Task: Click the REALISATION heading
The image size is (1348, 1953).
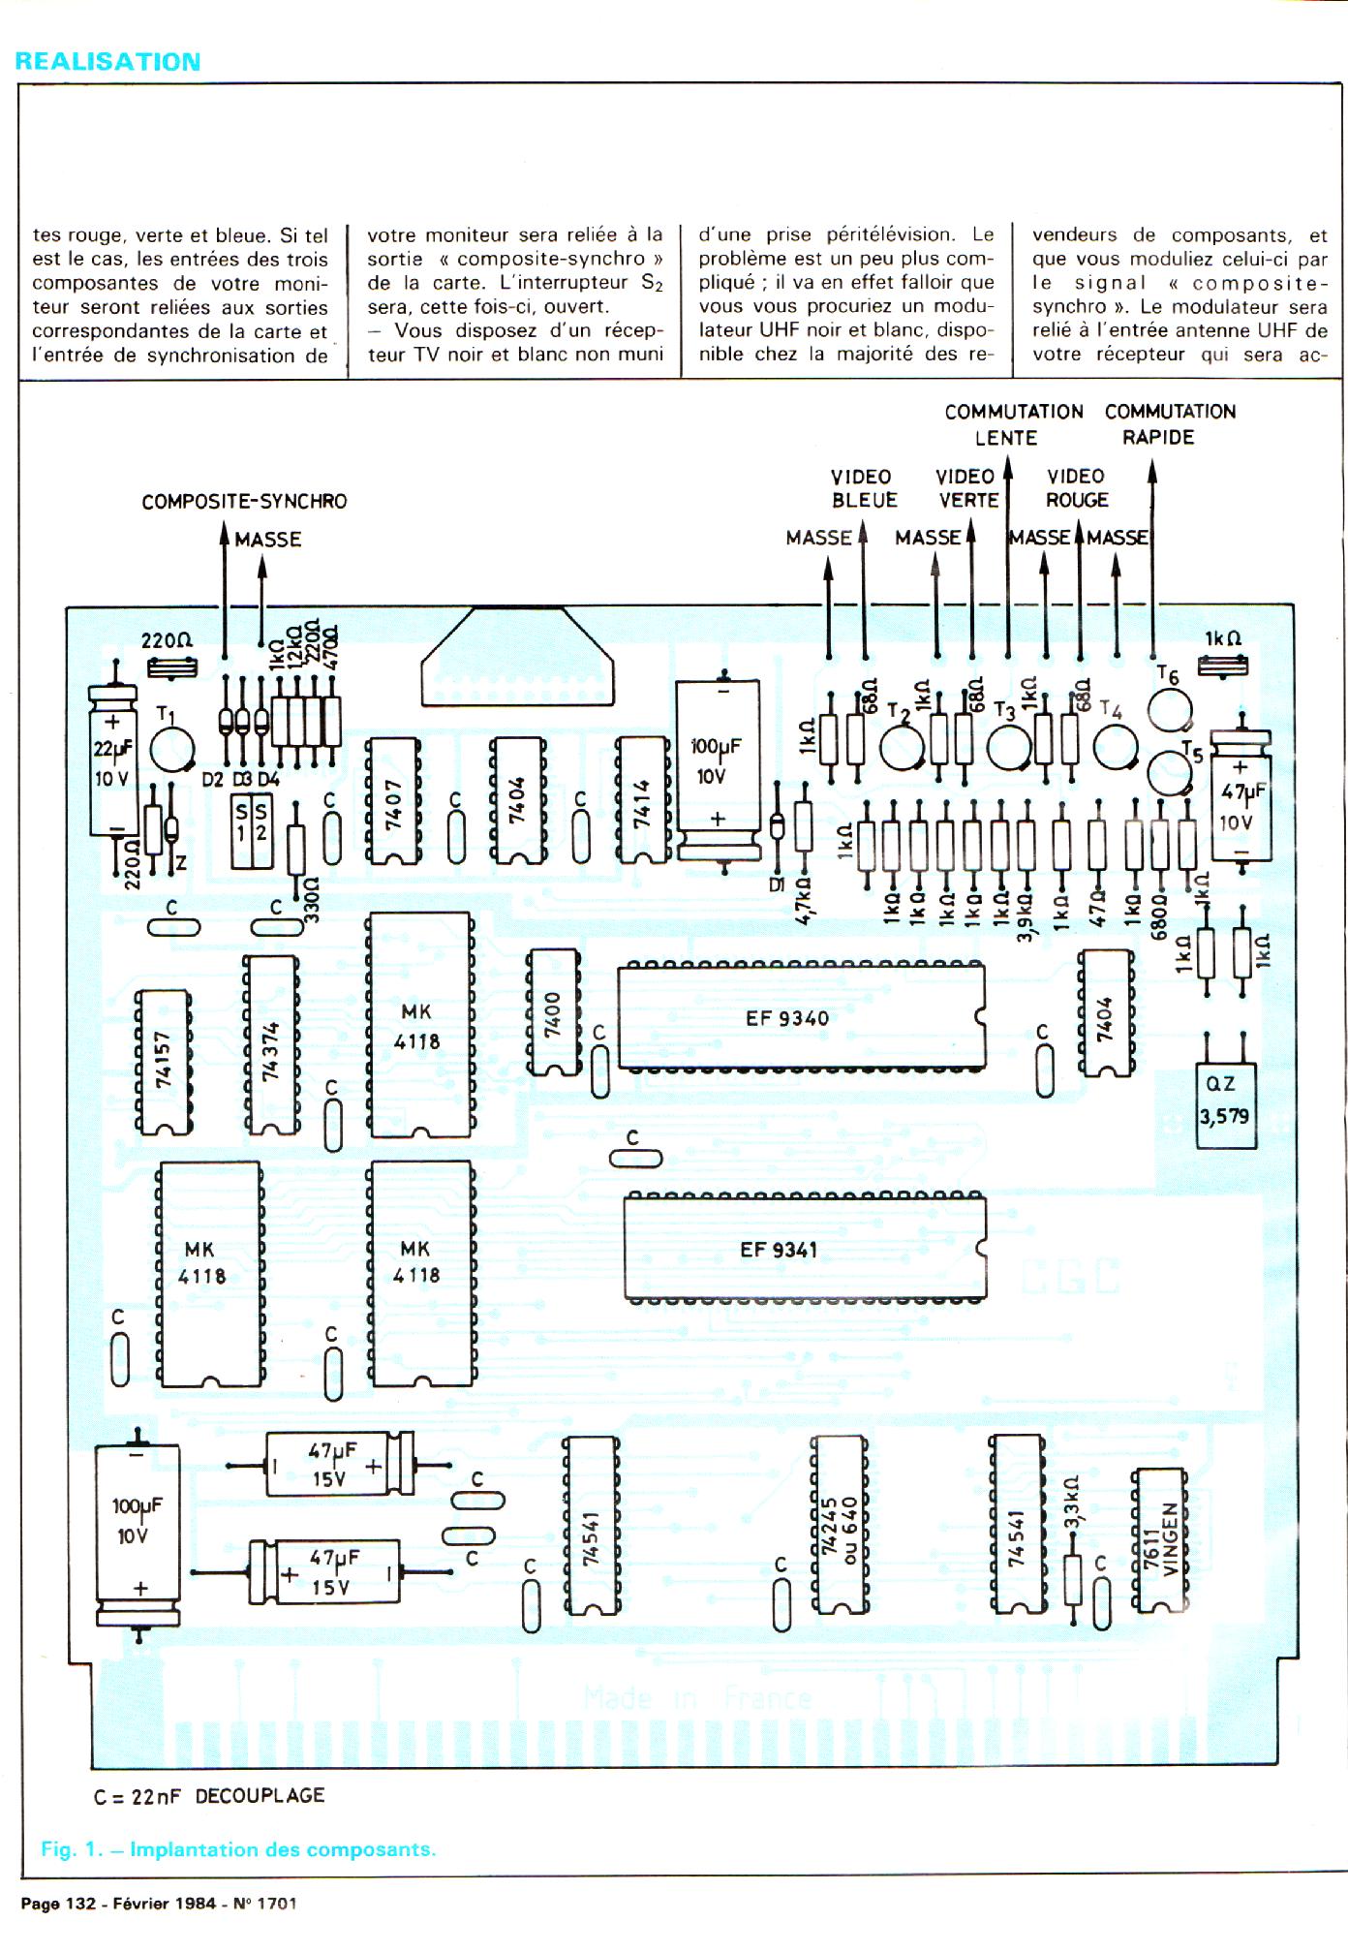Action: tap(108, 62)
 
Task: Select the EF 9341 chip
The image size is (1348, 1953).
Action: tap(804, 1249)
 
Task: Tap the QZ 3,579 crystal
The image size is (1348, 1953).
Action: tap(1226, 1103)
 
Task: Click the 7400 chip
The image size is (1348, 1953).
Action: tap(553, 1012)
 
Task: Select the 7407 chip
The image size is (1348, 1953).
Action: tap(393, 800)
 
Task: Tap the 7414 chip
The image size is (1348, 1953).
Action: tap(642, 800)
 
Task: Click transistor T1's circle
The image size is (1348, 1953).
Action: tap(173, 751)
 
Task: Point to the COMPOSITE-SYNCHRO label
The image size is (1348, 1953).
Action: tap(244, 502)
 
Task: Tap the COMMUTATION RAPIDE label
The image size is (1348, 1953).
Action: tap(1169, 424)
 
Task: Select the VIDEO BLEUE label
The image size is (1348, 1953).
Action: tap(863, 488)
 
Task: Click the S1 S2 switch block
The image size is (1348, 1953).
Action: tap(252, 832)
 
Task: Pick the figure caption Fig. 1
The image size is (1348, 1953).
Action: tap(238, 1849)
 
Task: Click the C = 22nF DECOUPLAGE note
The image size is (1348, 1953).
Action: tap(209, 1796)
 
